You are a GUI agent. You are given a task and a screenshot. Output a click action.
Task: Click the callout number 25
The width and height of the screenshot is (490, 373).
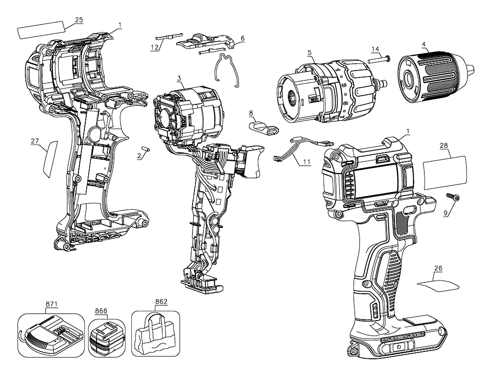point(78,20)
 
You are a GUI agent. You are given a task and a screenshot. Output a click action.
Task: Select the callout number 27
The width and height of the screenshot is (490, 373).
point(35,141)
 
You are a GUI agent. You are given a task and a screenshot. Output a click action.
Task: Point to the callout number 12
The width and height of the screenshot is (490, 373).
point(155,48)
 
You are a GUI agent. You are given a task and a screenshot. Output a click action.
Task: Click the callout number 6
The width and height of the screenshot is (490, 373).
point(243,38)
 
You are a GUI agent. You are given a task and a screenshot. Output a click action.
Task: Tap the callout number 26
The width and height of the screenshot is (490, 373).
point(438,268)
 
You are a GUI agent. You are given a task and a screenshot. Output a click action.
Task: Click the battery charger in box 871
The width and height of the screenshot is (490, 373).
point(49,334)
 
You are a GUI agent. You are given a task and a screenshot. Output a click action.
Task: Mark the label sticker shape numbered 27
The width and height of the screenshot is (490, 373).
point(50,158)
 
